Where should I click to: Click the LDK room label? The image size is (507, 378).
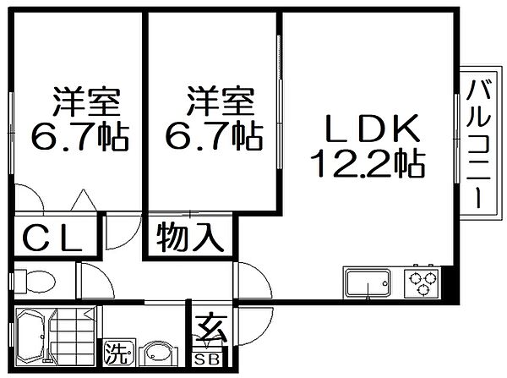(x=373, y=129)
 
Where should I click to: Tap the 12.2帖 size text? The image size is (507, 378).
(x=368, y=163)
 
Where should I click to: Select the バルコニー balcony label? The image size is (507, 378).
(x=478, y=145)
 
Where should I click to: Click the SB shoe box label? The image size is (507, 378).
(x=207, y=359)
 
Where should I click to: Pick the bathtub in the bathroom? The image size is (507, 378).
(x=32, y=337)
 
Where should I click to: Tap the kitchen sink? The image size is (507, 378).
(x=368, y=283)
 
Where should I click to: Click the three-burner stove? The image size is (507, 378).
(x=422, y=282)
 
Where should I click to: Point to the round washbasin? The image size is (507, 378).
(x=158, y=353)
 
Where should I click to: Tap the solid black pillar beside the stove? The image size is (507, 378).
(x=450, y=284)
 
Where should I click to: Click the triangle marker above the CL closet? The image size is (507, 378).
(x=84, y=200)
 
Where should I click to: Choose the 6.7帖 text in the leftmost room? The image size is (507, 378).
(x=80, y=136)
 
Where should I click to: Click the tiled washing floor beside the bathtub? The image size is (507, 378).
(x=73, y=336)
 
